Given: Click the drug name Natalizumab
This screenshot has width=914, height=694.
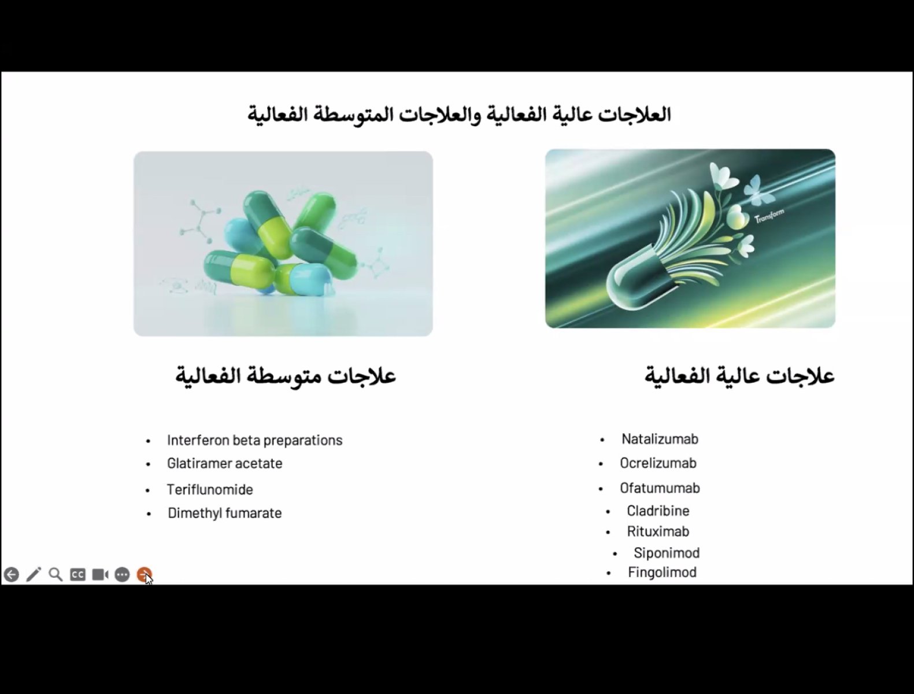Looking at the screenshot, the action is (660, 439).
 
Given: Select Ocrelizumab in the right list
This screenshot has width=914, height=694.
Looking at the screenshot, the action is (658, 463).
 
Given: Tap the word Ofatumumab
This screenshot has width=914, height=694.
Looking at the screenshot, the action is (660, 488).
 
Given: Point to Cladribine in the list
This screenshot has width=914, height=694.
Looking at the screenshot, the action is (658, 511).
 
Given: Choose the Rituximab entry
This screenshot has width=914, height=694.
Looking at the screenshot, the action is (658, 531).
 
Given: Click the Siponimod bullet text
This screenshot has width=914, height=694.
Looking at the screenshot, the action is (667, 553).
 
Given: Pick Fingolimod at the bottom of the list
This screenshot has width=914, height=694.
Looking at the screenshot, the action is (662, 573).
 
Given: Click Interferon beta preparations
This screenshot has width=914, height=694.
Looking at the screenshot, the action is (255, 440).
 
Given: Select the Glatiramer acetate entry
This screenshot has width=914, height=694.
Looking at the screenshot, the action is (225, 463).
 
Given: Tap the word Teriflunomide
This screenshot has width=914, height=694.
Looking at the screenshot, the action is (210, 489).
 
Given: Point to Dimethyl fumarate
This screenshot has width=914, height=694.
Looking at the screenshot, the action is (225, 513).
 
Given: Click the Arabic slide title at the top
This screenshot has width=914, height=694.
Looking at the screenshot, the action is (459, 115).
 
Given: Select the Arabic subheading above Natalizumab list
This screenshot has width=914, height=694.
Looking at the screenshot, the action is (739, 376).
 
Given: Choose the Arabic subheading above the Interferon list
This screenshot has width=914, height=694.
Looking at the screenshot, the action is (286, 376).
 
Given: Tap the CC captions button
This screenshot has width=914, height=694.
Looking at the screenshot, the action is (78, 575).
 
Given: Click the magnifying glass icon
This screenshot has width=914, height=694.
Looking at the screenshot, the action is (55, 575).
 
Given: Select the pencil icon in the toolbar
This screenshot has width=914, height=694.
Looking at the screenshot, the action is (34, 574).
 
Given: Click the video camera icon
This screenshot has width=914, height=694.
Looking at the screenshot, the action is (100, 575).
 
